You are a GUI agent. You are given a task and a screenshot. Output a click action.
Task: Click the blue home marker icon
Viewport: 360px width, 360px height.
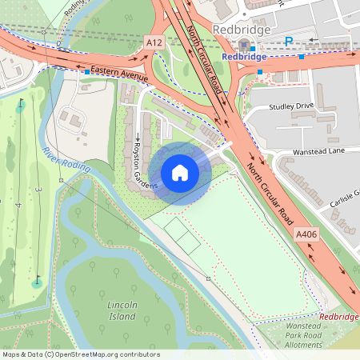point(180,172)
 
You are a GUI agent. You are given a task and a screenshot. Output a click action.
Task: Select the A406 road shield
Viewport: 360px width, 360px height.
point(306,234)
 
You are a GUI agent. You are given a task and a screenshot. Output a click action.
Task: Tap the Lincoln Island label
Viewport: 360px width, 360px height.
point(122,311)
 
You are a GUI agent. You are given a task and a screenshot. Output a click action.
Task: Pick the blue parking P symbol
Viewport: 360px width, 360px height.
point(289,42)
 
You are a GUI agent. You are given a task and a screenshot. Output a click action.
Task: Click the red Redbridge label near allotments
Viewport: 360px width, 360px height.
point(338,317)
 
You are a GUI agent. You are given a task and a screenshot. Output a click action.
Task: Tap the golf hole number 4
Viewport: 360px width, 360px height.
point(18,206)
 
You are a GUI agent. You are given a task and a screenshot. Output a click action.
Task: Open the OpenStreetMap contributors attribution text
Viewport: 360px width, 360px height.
point(81,354)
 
